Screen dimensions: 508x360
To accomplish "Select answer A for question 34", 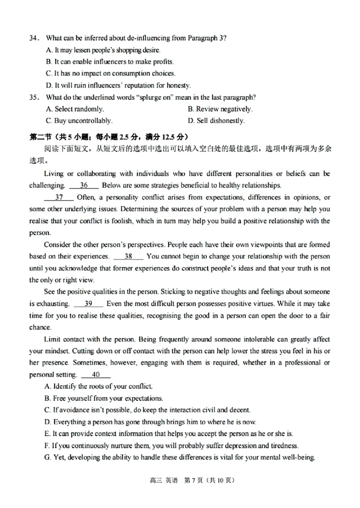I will click(x=103, y=50).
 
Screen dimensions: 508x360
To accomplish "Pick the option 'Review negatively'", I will click(x=220, y=109).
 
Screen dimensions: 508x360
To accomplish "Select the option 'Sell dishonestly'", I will click(x=216, y=120).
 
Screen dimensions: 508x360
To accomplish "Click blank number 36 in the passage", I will click(x=84, y=185).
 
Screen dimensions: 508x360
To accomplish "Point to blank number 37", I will click(x=59, y=197).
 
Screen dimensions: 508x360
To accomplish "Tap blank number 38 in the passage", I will click(x=128, y=256).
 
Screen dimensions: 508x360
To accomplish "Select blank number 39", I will click(x=88, y=303).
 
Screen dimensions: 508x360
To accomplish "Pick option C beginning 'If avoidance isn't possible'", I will click(x=147, y=410).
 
